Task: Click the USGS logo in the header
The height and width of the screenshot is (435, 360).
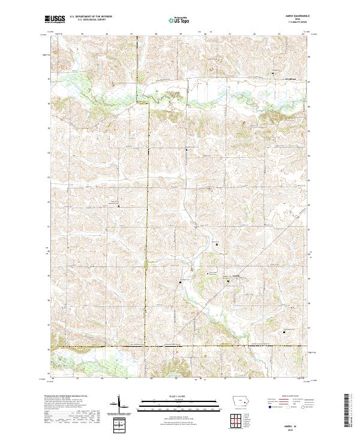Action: [55, 20]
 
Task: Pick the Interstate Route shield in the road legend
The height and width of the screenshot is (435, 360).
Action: [268, 407]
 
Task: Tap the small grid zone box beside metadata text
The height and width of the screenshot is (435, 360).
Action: [120, 425]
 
